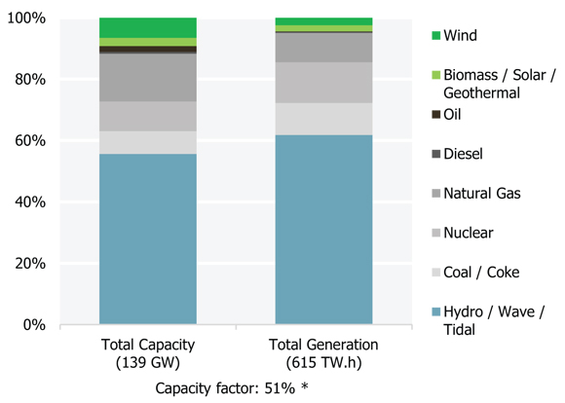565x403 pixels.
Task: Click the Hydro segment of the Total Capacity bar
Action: pyautogui.click(x=148, y=238)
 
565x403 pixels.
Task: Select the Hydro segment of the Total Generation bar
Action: pyautogui.click(x=323, y=230)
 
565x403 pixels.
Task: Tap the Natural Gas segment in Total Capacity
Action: pyautogui.click(x=148, y=78)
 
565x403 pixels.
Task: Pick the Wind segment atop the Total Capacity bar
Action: pyautogui.click(x=148, y=27)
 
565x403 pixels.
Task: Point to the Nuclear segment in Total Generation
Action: pyautogui.click(x=323, y=83)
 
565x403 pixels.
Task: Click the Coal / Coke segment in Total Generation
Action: pyautogui.click(x=323, y=119)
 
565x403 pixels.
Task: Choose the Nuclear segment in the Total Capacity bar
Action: pyautogui.click(x=148, y=116)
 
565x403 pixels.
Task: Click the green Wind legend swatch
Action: pyautogui.click(x=435, y=36)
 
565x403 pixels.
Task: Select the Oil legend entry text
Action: pyautogui.click(x=453, y=115)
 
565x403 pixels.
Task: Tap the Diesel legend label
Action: pyautogui.click(x=463, y=154)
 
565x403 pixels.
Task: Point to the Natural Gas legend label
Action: pyautogui.click(x=481, y=194)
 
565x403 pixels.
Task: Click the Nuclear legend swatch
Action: pyautogui.click(x=435, y=234)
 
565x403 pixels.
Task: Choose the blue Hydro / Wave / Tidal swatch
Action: pyautogui.click(x=435, y=311)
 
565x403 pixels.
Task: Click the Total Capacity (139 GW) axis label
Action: pyautogui.click(x=148, y=353)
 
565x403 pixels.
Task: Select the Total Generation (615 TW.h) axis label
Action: pyautogui.click(x=323, y=353)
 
